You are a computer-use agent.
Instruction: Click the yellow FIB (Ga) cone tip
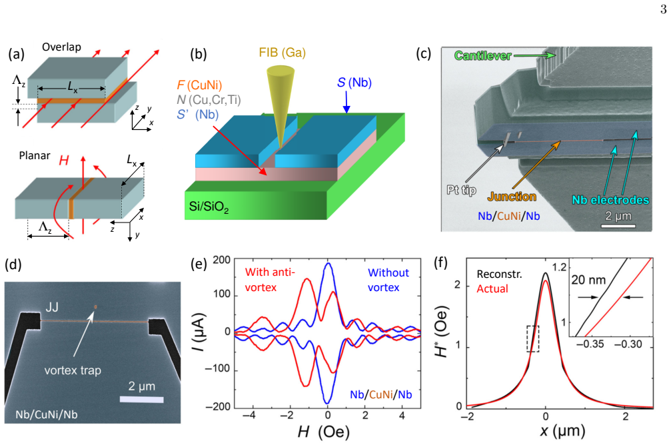pyautogui.click(x=281, y=147)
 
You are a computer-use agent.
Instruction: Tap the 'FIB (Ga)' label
pyautogui.click(x=282, y=53)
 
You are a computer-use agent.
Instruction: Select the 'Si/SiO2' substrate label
pyautogui.click(x=209, y=207)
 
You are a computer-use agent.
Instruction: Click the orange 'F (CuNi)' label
pyautogui.click(x=199, y=85)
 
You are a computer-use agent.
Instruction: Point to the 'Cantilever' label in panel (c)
pyautogui.click(x=482, y=56)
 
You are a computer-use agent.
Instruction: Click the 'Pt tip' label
pyautogui.click(x=461, y=190)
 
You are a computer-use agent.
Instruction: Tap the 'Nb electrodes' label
pyautogui.click(x=610, y=200)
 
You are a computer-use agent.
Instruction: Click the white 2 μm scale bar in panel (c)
pyautogui.click(x=618, y=225)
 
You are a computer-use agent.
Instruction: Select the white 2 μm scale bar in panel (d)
pyautogui.click(x=142, y=400)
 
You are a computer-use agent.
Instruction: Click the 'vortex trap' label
pyautogui.click(x=73, y=370)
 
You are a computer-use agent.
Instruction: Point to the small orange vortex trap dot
pyautogui.click(x=95, y=306)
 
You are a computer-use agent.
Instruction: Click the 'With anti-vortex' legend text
pyautogui.click(x=270, y=280)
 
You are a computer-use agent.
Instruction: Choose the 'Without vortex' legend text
pyautogui.click(x=388, y=280)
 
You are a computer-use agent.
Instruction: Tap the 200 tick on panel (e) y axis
pyautogui.click(x=221, y=260)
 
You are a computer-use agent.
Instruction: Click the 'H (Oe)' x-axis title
pyautogui.click(x=323, y=432)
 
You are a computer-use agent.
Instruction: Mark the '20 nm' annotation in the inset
pyautogui.click(x=588, y=280)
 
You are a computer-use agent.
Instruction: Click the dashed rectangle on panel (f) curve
pyautogui.click(x=533, y=339)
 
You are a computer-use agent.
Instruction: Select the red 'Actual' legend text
pyautogui.click(x=492, y=289)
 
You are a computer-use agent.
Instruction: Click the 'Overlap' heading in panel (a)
pyautogui.click(x=61, y=47)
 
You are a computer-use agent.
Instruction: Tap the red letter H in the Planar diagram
pyautogui.click(x=64, y=161)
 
